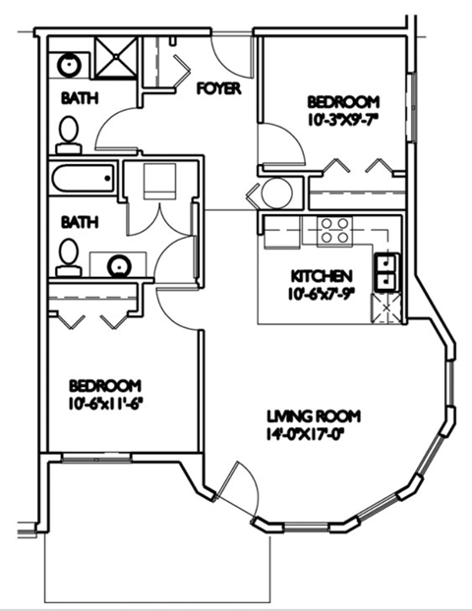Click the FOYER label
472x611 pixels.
(x=218, y=88)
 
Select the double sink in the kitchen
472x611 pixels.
(x=384, y=271)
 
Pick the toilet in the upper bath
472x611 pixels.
(x=69, y=135)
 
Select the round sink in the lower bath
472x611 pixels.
(x=120, y=264)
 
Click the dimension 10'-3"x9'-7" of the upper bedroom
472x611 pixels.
(x=343, y=119)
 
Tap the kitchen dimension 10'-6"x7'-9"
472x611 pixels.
(x=319, y=292)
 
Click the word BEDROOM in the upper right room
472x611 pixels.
(x=343, y=102)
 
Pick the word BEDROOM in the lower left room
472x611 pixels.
(x=103, y=385)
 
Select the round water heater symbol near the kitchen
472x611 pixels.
(x=276, y=193)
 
